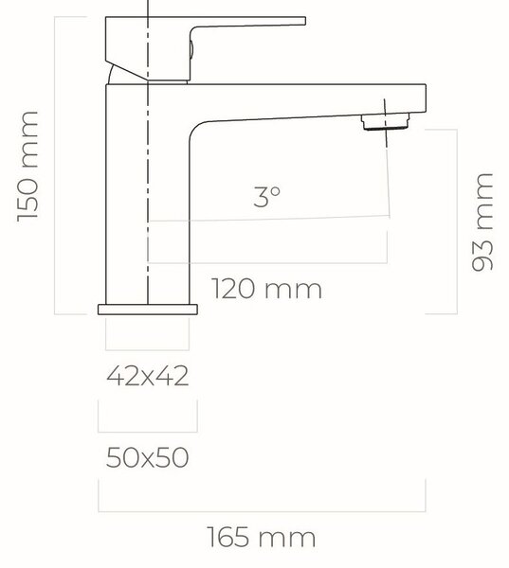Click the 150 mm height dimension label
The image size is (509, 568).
27,167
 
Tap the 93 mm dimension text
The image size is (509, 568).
482,222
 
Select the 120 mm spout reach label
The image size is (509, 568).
266,289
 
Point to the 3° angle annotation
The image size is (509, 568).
267,197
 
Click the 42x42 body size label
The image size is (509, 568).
147,376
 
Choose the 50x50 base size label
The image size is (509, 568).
147,457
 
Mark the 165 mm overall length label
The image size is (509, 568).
262,537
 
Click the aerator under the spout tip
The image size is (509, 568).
385,122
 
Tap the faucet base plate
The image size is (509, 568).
148,310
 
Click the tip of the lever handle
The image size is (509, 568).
304,21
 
